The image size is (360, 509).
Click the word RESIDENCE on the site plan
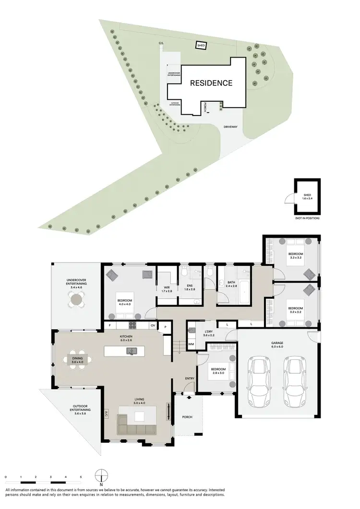click(211, 83)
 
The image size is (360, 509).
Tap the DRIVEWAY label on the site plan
click(231, 127)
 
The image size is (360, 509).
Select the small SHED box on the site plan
click(201, 46)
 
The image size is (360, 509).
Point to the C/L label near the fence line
click(161, 43)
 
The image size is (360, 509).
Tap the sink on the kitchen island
click(130, 351)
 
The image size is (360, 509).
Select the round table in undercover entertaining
click(76, 300)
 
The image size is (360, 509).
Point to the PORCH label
click(187, 417)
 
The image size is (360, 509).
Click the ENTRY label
click(190, 379)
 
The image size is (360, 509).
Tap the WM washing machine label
click(191, 344)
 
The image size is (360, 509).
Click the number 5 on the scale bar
click(81, 477)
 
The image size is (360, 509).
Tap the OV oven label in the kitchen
click(153, 326)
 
